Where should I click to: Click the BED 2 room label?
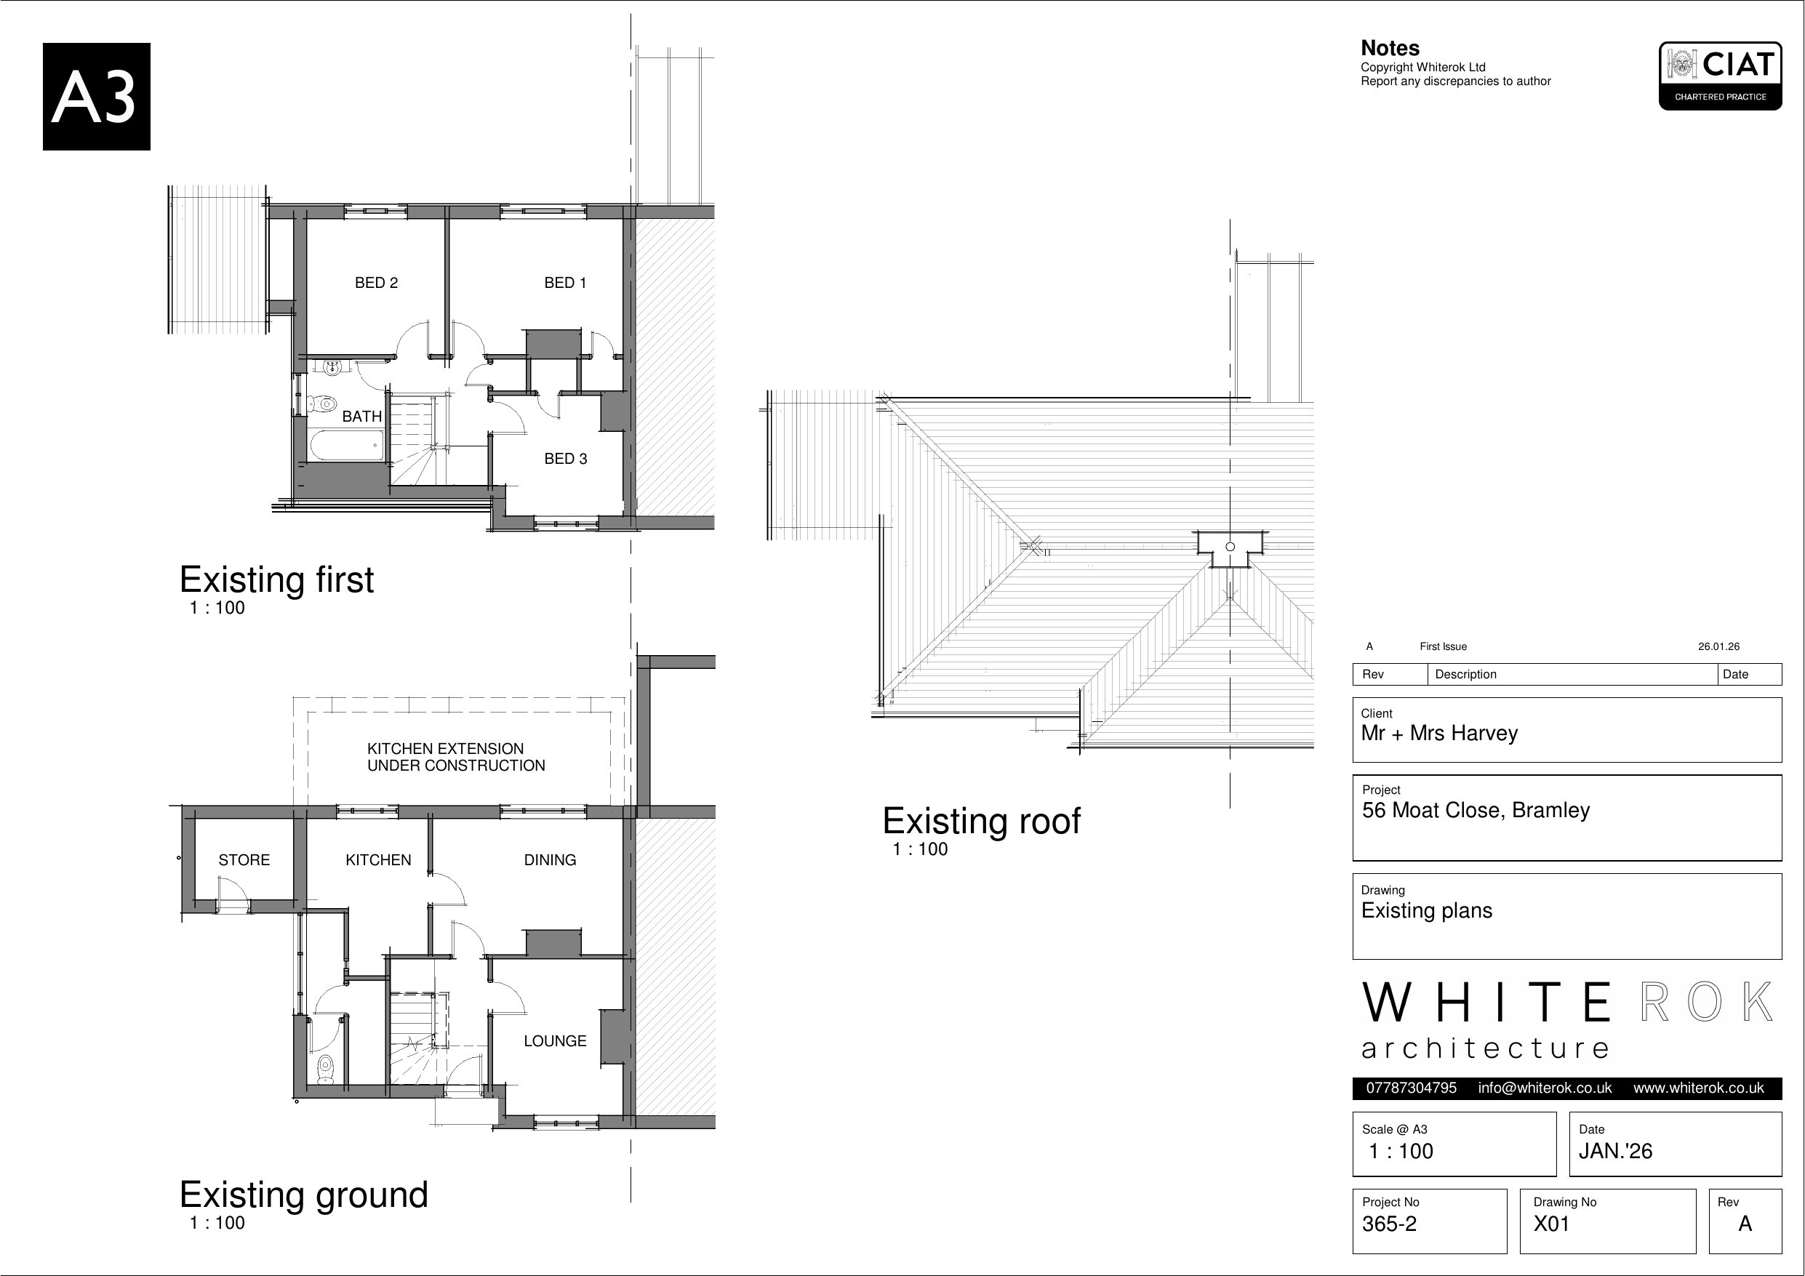coord(376,283)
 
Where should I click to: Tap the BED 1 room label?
coord(565,283)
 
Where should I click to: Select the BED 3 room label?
coord(565,459)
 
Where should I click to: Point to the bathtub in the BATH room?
coord(347,445)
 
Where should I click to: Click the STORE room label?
coord(244,860)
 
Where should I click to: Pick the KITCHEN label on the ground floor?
coord(378,860)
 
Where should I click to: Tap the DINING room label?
coord(550,860)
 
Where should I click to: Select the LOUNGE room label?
coord(555,1041)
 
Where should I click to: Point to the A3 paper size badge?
coord(97,97)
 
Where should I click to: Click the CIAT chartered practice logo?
coord(1720,76)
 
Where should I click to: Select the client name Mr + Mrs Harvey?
coord(1439,734)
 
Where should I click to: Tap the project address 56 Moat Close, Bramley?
coord(1476,811)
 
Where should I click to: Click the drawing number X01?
coord(1551,1224)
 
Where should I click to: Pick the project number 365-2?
coord(1389,1224)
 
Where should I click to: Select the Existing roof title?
coord(981,821)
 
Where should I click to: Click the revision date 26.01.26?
coord(1718,647)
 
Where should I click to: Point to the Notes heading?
coord(1390,49)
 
